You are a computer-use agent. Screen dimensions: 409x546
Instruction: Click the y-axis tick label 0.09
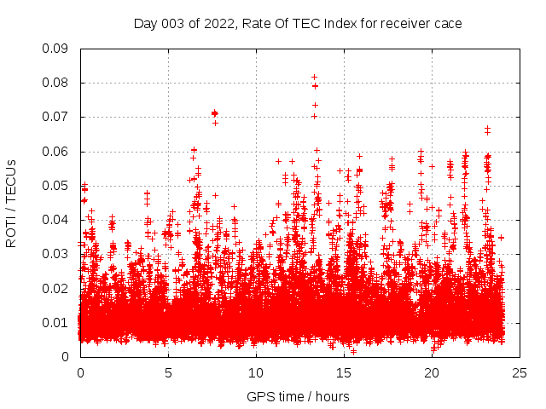click(x=56, y=49)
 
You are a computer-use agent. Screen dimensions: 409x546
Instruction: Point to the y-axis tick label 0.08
click(x=56, y=83)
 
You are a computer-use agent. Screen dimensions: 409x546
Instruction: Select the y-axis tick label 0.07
click(x=56, y=117)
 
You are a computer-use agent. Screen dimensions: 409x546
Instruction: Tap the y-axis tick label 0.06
click(x=56, y=152)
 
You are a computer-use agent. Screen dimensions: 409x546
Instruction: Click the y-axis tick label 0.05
click(x=56, y=186)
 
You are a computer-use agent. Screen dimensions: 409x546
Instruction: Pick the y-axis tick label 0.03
click(x=56, y=254)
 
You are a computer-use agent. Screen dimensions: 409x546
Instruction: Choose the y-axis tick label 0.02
click(x=56, y=288)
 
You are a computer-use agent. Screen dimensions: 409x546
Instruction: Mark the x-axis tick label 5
click(x=168, y=372)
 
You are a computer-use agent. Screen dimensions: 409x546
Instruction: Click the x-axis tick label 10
click(x=256, y=372)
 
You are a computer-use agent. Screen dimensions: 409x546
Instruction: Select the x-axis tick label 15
click(x=344, y=372)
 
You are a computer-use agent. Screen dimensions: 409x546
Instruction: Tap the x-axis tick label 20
click(x=432, y=372)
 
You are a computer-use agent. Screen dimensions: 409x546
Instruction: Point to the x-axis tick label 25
click(x=520, y=372)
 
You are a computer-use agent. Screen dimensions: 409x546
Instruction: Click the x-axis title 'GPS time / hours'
click(x=298, y=396)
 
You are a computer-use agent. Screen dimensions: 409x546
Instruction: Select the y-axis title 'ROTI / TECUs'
click(x=12, y=203)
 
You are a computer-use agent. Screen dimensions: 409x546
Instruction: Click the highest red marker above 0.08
click(x=315, y=77)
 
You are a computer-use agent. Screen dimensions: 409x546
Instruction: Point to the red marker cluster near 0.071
click(x=215, y=113)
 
